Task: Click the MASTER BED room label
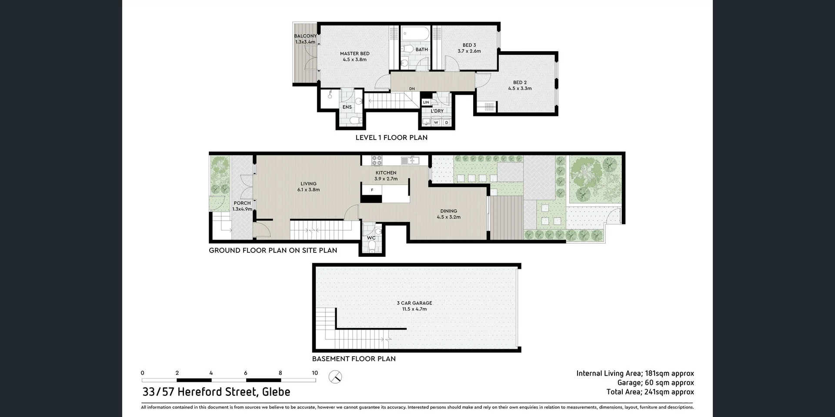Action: coord(354,54)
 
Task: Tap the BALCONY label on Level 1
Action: coord(305,36)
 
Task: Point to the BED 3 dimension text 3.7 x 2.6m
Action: coord(469,51)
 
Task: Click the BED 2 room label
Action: coord(520,83)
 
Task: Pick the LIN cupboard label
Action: coord(426,103)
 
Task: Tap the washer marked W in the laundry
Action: coord(436,122)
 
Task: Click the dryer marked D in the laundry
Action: coord(446,122)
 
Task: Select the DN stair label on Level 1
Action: coord(411,89)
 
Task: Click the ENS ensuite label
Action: coord(347,107)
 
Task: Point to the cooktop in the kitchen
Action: coord(377,160)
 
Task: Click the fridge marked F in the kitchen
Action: coord(372,190)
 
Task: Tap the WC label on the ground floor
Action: coord(371,238)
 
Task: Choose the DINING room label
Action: coord(448,211)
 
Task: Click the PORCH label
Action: coord(242,203)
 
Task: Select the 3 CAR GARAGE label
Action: coord(414,303)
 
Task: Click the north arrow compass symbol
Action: coord(335,377)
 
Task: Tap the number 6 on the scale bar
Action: coord(246,373)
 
